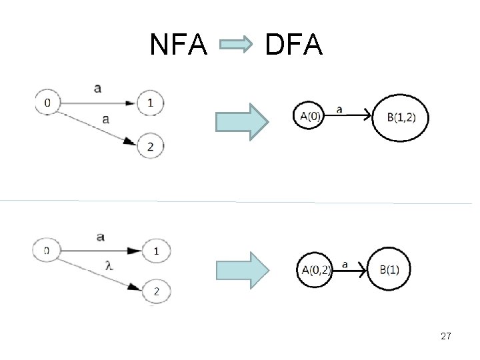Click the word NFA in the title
[x=179, y=45]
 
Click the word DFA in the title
[x=293, y=45]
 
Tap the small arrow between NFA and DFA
[x=236, y=46]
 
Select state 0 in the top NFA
[x=47, y=103]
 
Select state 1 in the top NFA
[x=150, y=103]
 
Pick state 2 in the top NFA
[x=150, y=146]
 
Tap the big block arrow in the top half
[x=243, y=121]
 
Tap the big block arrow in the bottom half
[x=243, y=269]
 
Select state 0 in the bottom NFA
[x=45, y=251]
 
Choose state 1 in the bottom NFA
[x=156, y=251]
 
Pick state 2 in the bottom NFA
[x=156, y=291]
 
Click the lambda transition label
[x=109, y=264]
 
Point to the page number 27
[x=446, y=337]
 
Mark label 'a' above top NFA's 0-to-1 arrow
[x=98, y=88]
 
